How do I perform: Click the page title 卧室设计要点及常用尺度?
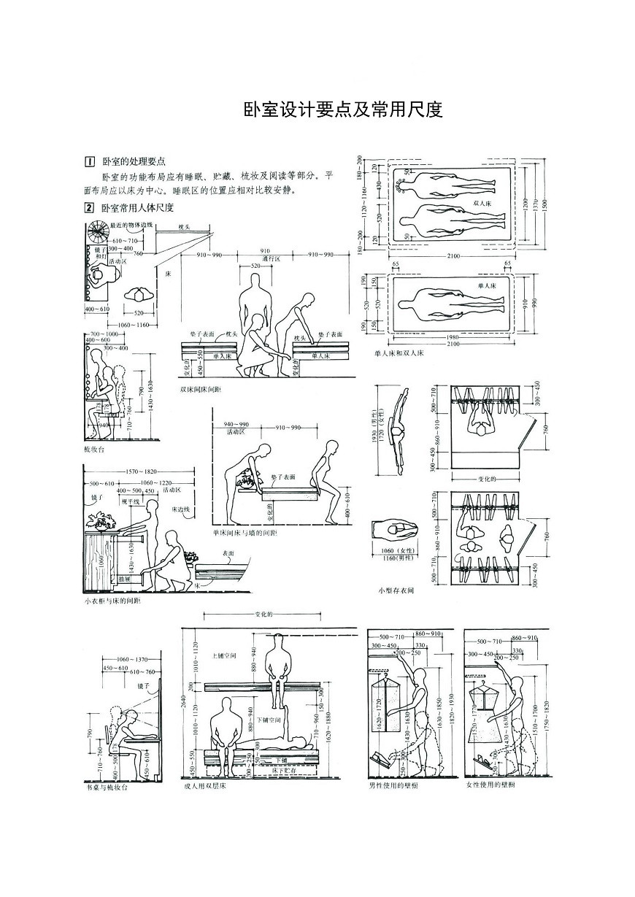pyautogui.click(x=343, y=109)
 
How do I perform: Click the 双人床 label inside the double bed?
pyautogui.click(x=482, y=204)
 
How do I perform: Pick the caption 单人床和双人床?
pyautogui.click(x=399, y=353)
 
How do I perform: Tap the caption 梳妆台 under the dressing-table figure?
pyautogui.click(x=94, y=450)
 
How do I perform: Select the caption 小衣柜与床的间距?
pyautogui.click(x=112, y=602)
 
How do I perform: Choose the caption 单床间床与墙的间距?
pyautogui.click(x=245, y=534)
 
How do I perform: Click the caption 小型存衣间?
pyautogui.click(x=396, y=590)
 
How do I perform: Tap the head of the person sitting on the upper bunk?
pyautogui.click(x=278, y=640)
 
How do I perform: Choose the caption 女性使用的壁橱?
pyautogui.click(x=490, y=787)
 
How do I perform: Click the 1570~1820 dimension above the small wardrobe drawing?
pyautogui.click(x=142, y=471)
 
